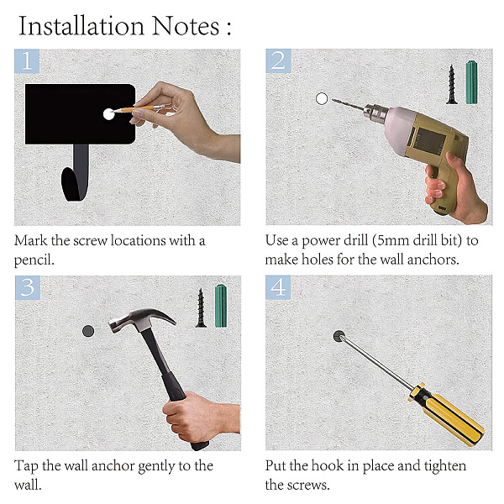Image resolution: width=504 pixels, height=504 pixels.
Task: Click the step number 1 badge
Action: coord(27,61)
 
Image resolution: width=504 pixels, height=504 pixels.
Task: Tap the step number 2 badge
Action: coord(278,60)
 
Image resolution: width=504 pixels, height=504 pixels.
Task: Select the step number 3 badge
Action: coord(28,287)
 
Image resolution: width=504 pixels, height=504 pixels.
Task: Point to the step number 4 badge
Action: coord(278,287)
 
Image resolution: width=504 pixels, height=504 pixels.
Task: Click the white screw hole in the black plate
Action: coord(108,114)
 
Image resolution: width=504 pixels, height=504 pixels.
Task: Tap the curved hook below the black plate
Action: coord(75,180)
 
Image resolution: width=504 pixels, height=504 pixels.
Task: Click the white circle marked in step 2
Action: coord(322,98)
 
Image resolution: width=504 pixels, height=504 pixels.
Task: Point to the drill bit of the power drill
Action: coord(348,105)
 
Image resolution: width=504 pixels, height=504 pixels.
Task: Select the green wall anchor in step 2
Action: coord(471,82)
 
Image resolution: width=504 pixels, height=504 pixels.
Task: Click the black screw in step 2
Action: coord(452,85)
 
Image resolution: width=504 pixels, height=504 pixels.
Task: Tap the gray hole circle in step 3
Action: coord(88,331)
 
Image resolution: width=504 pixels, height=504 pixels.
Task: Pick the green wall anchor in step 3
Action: coord(220,306)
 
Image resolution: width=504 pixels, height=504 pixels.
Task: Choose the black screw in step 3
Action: coord(201,308)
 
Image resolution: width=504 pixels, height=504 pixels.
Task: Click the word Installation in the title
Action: coord(81,26)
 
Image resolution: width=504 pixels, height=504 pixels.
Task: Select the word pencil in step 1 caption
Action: coord(34,260)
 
